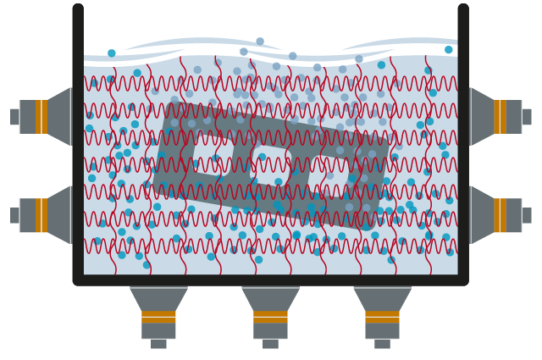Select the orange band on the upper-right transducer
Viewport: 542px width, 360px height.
(x=501, y=117)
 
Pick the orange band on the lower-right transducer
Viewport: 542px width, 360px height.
(x=501, y=215)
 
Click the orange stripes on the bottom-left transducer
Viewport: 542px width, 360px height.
(x=158, y=318)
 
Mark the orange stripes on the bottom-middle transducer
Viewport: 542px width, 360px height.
(x=270, y=318)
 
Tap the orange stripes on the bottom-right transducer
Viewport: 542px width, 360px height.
(x=382, y=318)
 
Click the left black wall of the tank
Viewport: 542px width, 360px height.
(x=78, y=144)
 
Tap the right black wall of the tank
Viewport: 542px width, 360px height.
(x=463, y=144)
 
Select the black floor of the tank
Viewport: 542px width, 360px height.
(x=270, y=280)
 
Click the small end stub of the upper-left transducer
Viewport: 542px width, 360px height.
(x=14, y=117)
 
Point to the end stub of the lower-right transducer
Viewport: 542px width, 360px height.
(x=527, y=215)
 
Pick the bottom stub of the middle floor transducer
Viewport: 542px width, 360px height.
(x=270, y=344)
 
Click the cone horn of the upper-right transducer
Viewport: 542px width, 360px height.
(x=483, y=117)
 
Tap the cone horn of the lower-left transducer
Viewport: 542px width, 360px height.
(x=59, y=215)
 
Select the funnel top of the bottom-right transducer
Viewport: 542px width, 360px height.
(x=382, y=299)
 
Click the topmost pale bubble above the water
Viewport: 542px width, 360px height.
(x=260, y=42)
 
